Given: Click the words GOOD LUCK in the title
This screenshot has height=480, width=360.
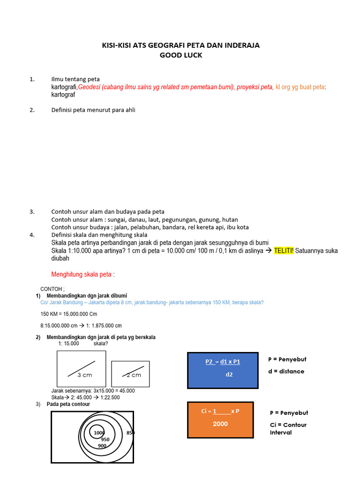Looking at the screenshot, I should tap(180, 55).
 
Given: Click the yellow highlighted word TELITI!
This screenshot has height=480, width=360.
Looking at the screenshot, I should tap(284, 251).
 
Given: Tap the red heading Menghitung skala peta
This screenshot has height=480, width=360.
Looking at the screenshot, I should tap(82, 274).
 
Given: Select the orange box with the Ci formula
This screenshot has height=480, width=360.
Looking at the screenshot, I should tap(220, 420).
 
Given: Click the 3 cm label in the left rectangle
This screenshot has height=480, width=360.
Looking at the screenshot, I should tap(85, 375).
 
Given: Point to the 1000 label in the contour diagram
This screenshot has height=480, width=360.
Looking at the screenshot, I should tap(99, 433).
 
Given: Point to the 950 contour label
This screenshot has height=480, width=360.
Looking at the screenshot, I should tap(105, 440).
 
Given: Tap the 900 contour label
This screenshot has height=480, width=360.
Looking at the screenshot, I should tap(102, 446).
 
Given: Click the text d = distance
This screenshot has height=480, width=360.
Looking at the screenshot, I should tap(286, 371).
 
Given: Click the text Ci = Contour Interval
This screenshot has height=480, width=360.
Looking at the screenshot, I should tap(288, 428).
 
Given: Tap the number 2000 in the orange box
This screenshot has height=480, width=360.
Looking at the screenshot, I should tap(220, 424).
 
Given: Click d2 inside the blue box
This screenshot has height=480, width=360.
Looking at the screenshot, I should tap(229, 375).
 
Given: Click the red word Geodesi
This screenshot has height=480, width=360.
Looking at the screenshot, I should tap(90, 87).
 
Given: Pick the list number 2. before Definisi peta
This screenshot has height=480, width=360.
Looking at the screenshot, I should tap(32, 110).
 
